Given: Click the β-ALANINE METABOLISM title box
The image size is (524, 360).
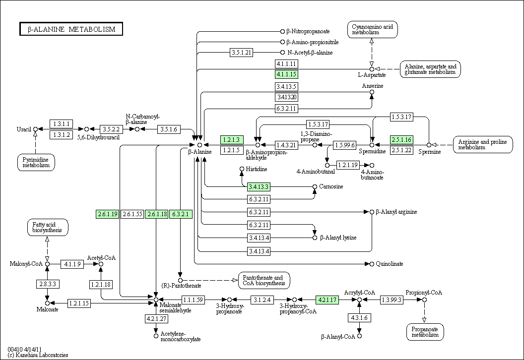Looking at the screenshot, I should pos(71,29).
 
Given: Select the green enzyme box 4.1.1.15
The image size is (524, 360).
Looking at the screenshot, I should pos(286,74).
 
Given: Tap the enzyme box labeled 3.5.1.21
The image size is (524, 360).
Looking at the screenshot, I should pos(242,52).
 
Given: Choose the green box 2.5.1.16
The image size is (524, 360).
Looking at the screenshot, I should pos(401,139).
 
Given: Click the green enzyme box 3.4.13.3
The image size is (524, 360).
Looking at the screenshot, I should pos(259,187).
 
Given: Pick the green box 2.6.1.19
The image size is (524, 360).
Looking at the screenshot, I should pos(107,214).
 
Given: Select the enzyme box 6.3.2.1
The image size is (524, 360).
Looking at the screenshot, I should pos(181,214).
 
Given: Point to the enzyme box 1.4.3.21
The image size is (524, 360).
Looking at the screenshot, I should pos(286,145).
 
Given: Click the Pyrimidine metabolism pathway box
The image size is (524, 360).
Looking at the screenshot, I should pos(36,163).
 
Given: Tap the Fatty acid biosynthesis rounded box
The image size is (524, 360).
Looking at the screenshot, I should pos(47,227).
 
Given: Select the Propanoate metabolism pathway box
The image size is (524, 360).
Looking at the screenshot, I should pos(425,332).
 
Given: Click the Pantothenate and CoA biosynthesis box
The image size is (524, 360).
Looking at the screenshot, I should pos(264,280).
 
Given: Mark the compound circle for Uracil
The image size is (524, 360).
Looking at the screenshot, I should pos(35,129).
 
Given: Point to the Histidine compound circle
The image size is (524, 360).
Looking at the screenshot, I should pos(242,169).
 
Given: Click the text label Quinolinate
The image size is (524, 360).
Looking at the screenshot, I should pos(390,264).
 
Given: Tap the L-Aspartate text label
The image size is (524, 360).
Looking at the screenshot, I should pos(372,75).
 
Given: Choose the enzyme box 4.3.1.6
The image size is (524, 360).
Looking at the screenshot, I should pos(359,318).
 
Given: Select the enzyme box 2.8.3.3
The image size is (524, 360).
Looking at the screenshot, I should pos(48,284).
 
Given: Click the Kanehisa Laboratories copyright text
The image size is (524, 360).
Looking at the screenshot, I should pos(38,355).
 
